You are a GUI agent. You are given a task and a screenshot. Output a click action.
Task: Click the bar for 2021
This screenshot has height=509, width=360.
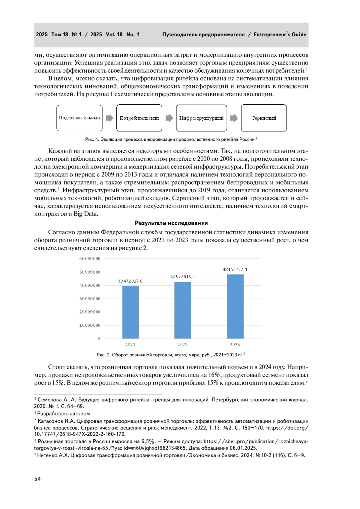pyautogui.click(x=130, y=312)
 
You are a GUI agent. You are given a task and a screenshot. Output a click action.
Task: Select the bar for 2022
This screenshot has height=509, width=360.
pyautogui.click(x=183, y=310)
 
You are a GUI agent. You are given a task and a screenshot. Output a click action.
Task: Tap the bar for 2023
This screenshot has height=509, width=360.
pyautogui.click(x=235, y=306)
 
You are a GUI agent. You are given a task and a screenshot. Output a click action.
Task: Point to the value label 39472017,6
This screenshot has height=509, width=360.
pyautogui.click(x=130, y=281)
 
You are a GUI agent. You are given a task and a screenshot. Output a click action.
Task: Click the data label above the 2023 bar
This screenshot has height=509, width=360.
pyautogui.click(x=235, y=269)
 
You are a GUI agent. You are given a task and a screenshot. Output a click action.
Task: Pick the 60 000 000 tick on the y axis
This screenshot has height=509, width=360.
pyautogui.click(x=90, y=259)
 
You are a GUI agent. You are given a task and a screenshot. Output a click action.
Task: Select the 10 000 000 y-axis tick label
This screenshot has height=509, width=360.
pyautogui.click(x=90, y=325)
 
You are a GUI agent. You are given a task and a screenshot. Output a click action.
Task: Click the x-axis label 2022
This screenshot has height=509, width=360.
pyautogui.click(x=182, y=345)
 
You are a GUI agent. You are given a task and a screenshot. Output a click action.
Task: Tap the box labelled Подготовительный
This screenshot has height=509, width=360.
pyautogui.click(x=79, y=118)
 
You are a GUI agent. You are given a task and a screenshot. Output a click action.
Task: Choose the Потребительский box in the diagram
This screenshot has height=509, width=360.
pyautogui.click(x=139, y=118)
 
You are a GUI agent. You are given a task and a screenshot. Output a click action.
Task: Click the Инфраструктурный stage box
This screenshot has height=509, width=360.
pyautogui.click(x=201, y=118)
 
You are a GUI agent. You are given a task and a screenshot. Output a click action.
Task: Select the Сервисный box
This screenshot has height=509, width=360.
pyautogui.click(x=264, y=118)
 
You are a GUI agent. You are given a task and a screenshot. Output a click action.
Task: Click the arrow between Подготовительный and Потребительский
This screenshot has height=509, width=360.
pyautogui.click(x=109, y=118)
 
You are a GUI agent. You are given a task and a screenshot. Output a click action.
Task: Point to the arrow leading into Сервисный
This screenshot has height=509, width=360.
pyautogui.click(x=234, y=118)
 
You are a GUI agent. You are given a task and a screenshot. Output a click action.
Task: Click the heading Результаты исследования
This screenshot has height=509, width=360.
pyautogui.click(x=171, y=223)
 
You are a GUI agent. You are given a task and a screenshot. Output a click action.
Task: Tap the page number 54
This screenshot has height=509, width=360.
pyautogui.click(x=37, y=479)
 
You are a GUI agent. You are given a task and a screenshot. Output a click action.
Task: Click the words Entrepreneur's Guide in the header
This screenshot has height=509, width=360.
pyautogui.click(x=280, y=34)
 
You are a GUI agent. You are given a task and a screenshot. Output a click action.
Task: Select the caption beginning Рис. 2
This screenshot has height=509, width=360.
pyautogui.click(x=170, y=355)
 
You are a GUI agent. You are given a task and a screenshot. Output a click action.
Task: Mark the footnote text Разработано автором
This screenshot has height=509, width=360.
pyautogui.click(x=63, y=413)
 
